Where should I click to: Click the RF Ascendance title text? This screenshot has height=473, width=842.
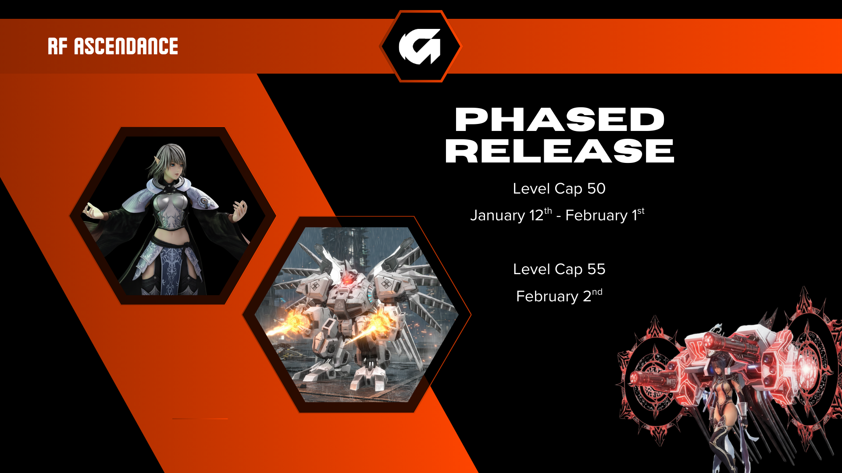pos(113,46)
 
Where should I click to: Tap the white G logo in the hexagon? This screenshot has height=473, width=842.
pos(420,46)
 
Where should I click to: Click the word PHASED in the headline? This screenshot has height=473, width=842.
pos(560,120)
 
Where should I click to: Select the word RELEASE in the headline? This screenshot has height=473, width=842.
pos(560,151)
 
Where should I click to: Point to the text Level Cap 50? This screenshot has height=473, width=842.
pos(559,189)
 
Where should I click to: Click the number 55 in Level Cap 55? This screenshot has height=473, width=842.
pos(596,269)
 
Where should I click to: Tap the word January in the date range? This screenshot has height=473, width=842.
pos(497,215)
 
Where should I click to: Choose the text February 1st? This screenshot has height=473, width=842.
pos(605,215)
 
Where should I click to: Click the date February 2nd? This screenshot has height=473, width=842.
pos(559,296)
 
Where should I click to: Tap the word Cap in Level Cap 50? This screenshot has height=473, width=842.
pos(569,189)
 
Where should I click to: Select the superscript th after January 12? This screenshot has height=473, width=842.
pos(548,211)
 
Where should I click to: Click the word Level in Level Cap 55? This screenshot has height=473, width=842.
pos(532,269)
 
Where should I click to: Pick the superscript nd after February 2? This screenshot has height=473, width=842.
pos(597,292)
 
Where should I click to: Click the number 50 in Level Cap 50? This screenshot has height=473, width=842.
pos(596,189)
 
